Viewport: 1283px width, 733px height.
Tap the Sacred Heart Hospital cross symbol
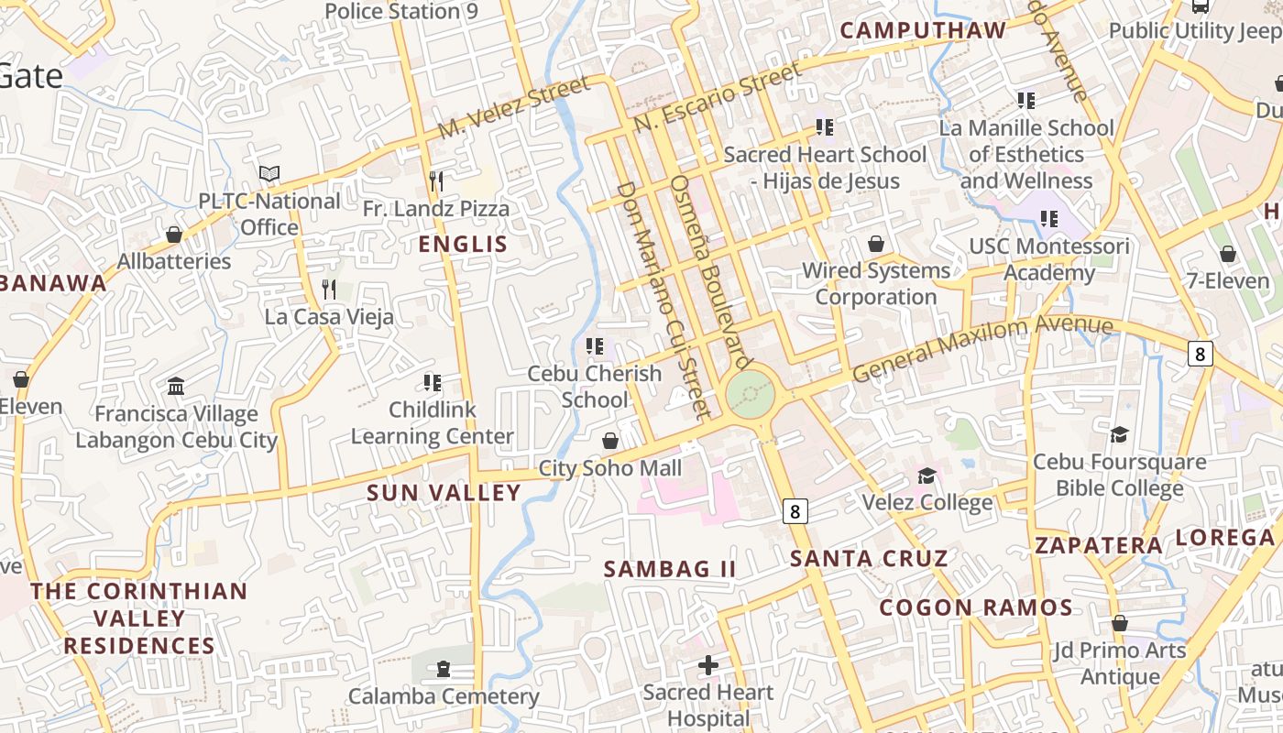click(707, 665)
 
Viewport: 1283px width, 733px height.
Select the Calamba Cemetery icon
click(444, 670)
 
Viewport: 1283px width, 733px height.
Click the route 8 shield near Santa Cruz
click(795, 511)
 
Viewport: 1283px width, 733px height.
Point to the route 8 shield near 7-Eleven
click(1201, 353)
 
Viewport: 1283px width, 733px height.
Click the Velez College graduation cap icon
click(927, 476)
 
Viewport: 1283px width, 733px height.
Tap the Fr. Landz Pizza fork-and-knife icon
click(436, 181)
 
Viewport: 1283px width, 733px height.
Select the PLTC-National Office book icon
click(269, 173)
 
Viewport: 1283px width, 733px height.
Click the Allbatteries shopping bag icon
click(174, 235)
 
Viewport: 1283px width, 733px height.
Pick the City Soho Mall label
click(610, 468)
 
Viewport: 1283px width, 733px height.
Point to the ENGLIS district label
click(463, 244)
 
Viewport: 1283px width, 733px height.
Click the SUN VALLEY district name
click(444, 493)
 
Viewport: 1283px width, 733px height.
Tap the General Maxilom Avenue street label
click(982, 348)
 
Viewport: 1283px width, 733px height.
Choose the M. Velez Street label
click(513, 108)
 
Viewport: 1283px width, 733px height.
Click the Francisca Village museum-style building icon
click(176, 387)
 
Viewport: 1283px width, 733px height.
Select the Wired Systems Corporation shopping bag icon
click(876, 244)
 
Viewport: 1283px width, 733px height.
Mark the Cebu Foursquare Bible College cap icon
click(1119, 434)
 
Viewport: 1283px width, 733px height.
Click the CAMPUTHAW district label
click(923, 30)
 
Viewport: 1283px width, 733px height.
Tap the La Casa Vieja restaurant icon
click(329, 290)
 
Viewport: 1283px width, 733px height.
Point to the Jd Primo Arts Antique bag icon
click(1119, 624)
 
